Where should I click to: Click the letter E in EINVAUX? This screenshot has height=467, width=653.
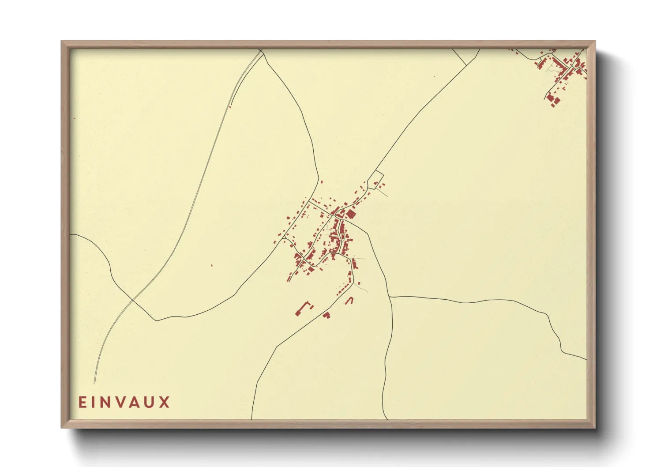point(82,402)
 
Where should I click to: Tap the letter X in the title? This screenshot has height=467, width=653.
point(165,402)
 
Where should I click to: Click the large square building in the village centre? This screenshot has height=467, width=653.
point(351,215)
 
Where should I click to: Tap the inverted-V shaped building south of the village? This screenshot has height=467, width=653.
point(349,300)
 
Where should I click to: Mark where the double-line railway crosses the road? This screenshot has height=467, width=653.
point(133,301)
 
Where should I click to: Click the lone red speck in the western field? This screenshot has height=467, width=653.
point(212,265)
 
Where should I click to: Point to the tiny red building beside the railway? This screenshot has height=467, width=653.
point(230,106)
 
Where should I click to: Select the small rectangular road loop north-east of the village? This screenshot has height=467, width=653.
point(375,180)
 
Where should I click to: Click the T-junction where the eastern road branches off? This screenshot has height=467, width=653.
point(390,297)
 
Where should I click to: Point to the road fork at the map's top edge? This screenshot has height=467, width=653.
point(261,52)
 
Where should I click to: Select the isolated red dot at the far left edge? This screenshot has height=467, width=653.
point(74,118)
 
